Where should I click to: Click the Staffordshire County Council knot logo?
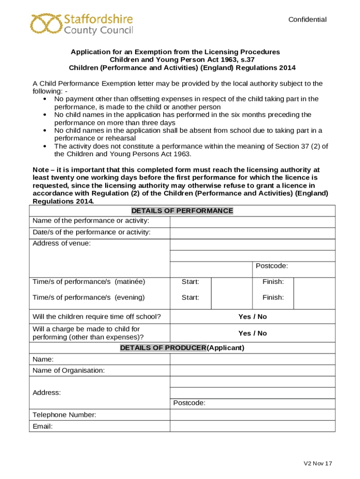pos(46,24)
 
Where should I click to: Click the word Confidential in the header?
pos(307,20)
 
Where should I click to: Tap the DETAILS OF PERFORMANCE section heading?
pos(182,210)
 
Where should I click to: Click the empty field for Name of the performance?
pos(252,221)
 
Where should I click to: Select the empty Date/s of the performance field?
pos(252,233)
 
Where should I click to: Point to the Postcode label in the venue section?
pos(272,266)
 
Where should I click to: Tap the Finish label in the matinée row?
pos(273,282)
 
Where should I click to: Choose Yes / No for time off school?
pos(252,317)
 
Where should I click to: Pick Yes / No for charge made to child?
pos(252,333)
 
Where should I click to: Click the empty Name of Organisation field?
pos(252,370)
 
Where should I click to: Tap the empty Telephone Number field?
pos(252,415)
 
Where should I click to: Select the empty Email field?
pos(252,426)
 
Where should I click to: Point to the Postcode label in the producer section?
pos(189,403)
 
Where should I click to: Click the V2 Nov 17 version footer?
pos(318,464)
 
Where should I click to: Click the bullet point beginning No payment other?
pos(44,99)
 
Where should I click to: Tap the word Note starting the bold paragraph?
pos(41,170)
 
